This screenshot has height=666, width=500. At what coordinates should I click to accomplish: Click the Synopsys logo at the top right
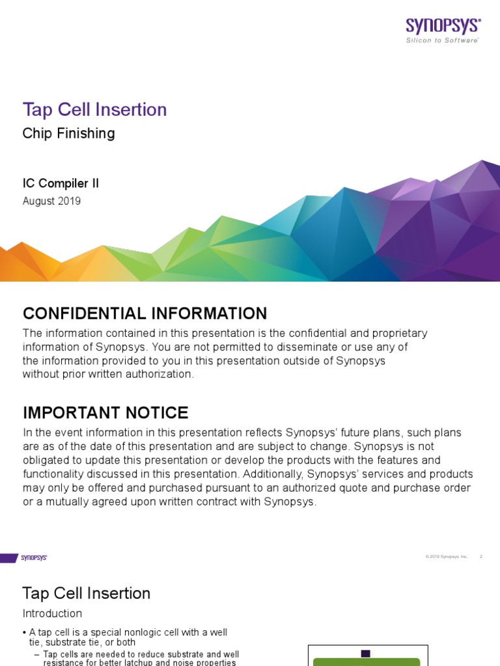pos(443,25)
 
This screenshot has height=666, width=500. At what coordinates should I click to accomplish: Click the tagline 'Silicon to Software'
pos(443,40)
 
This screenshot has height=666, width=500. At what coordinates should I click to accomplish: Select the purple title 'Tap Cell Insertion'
pos(94,109)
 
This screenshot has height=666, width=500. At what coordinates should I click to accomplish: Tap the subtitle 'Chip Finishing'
pos(68,133)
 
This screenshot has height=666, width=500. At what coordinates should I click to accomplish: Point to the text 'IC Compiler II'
pos(61,183)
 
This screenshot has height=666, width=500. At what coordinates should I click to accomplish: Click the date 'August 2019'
pos(51,201)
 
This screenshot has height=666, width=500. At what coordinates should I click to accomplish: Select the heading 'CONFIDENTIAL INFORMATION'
pos(145,313)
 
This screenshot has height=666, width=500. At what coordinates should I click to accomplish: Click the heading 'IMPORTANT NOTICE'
pos(105,412)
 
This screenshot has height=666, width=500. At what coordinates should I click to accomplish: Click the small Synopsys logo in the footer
pos(33,557)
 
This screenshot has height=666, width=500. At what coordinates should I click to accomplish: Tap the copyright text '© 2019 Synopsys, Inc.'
pos(447,557)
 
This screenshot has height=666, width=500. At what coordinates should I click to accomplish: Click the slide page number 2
pos(481,557)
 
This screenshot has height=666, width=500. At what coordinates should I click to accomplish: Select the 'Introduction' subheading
pos(52,613)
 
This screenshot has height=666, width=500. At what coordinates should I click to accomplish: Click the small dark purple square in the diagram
pos(365,654)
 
